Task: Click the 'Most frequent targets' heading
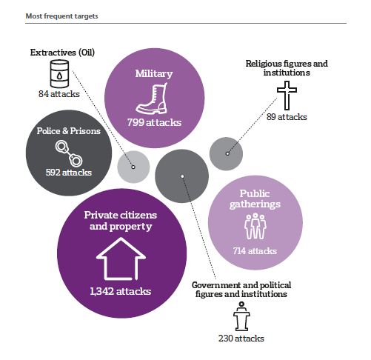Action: click(61, 16)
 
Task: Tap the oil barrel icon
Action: click(59, 74)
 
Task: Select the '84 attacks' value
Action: click(59, 94)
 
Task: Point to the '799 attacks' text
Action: click(154, 122)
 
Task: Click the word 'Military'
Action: click(154, 73)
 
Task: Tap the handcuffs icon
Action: click(69, 153)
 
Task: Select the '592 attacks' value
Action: click(69, 173)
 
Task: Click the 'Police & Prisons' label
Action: click(69, 131)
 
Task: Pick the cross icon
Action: click(287, 96)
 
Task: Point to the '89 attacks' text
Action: click(287, 117)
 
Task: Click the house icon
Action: click(121, 259)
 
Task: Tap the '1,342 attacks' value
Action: click(120, 291)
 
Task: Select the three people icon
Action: click(255, 227)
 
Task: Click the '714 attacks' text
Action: click(255, 251)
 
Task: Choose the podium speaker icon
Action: click(241, 316)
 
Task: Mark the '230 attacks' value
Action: click(241, 339)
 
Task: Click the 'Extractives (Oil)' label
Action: click(62, 53)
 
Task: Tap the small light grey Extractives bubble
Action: click(133, 167)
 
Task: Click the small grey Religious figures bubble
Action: click(226, 154)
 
